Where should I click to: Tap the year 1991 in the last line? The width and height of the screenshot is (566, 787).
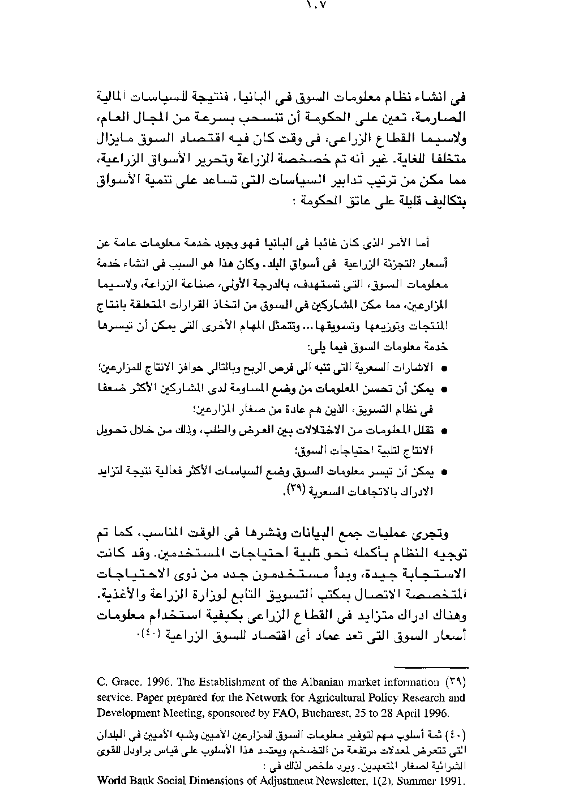(x=453, y=781)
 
